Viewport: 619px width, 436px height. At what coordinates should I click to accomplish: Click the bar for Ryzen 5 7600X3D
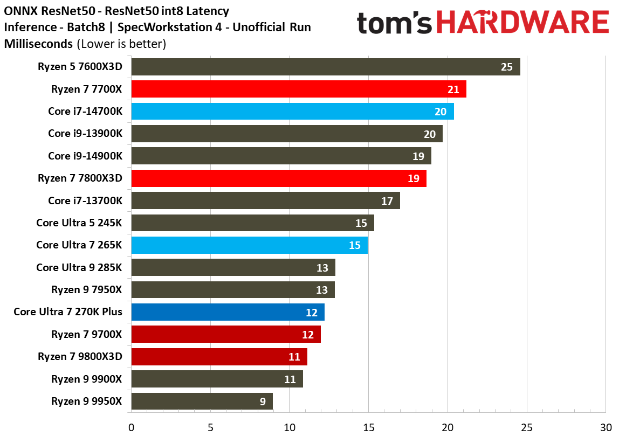click(x=326, y=67)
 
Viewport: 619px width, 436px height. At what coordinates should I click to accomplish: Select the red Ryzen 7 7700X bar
click(x=298, y=89)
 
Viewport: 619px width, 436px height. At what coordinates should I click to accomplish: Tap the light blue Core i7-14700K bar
click(x=292, y=112)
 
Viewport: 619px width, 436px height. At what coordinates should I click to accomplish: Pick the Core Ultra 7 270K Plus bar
click(x=228, y=312)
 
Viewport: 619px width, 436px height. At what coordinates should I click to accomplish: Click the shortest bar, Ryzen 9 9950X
click(x=202, y=402)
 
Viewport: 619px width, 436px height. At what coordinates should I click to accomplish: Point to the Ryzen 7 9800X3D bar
click(x=219, y=357)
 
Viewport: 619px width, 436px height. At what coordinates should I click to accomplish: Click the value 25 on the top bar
click(x=506, y=67)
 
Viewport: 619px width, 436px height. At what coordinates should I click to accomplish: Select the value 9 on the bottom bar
click(x=262, y=402)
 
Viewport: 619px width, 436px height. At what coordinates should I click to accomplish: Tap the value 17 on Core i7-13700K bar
click(x=387, y=201)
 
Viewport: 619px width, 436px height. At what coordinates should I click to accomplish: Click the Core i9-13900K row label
click(x=85, y=134)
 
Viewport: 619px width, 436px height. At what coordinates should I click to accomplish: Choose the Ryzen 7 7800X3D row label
click(x=80, y=178)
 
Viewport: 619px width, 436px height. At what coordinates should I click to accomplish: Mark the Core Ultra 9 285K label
click(x=79, y=267)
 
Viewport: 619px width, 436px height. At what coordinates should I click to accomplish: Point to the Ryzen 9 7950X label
click(x=87, y=289)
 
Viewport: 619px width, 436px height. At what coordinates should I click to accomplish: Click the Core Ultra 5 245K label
click(x=79, y=223)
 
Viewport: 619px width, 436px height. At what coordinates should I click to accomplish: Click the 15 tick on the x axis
click(x=368, y=427)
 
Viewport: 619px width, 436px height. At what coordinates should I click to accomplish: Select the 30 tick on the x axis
click(x=606, y=427)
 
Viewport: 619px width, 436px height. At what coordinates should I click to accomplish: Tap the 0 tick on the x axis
click(x=131, y=427)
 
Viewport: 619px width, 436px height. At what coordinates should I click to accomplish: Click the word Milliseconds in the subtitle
click(x=39, y=44)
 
